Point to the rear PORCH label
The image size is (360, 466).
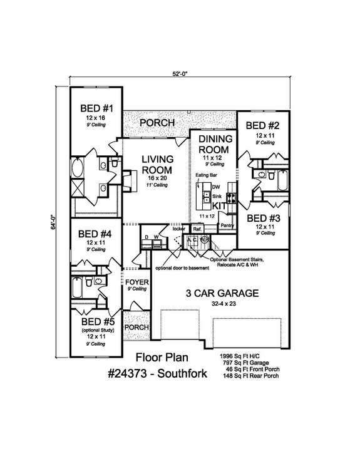(x=157, y=123)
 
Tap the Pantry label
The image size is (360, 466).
(x=227, y=225)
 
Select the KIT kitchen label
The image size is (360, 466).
(x=219, y=205)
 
